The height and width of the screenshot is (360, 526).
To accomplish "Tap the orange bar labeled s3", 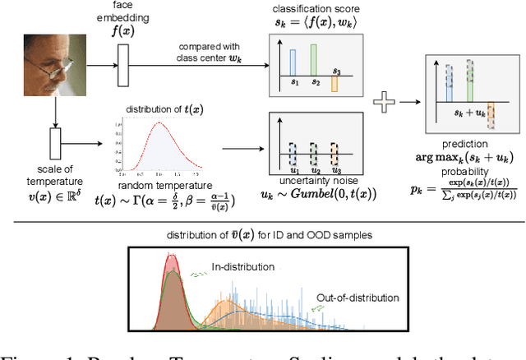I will [x=334, y=84].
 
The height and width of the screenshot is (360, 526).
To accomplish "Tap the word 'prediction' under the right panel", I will [x=470, y=145].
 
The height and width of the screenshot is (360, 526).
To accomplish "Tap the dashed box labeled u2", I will [x=312, y=154].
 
